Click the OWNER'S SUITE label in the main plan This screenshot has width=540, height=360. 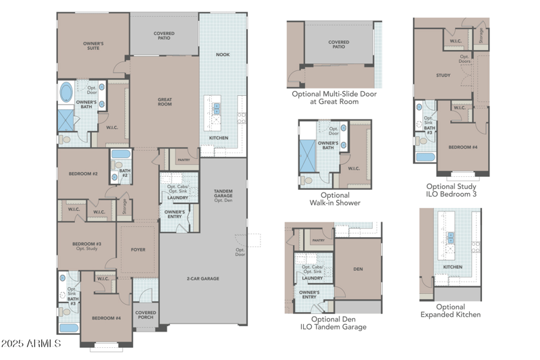[93, 46]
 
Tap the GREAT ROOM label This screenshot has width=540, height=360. [165, 102]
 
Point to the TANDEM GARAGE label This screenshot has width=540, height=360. [223, 194]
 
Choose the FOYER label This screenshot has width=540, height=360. [138, 249]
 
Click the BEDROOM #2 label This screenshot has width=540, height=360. [83, 174]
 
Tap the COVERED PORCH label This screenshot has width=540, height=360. [145, 315]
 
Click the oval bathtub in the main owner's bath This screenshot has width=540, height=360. [68, 91]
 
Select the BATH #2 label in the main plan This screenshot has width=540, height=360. [125, 172]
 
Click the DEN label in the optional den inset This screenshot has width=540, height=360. [358, 269]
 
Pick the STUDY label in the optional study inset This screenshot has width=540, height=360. [443, 75]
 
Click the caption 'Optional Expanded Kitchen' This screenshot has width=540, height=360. [450, 311]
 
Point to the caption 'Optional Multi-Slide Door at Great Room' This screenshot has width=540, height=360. [334, 97]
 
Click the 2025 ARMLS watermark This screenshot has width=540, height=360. [32, 344]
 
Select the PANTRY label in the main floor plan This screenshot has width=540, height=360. [183, 160]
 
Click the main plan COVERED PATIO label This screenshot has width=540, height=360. [164, 35]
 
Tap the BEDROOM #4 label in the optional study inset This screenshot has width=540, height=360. [464, 147]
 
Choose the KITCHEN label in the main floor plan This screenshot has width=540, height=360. [218, 138]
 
